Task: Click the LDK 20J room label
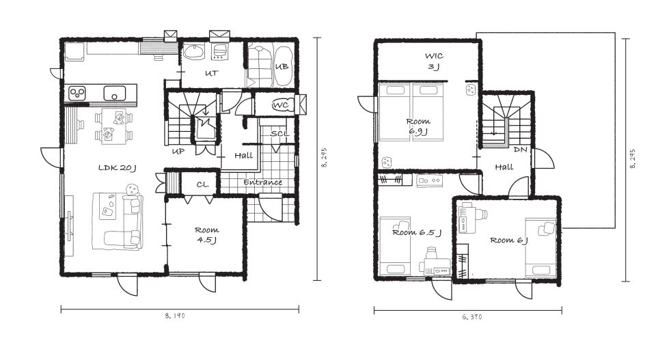pyautogui.click(x=118, y=168)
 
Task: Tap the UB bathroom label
pyautogui.click(x=282, y=66)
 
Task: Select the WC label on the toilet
pyautogui.click(x=280, y=105)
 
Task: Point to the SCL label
pyautogui.click(x=279, y=134)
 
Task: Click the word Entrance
pyautogui.click(x=262, y=182)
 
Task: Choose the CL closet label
pyautogui.click(x=202, y=184)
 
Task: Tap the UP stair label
pyautogui.click(x=178, y=151)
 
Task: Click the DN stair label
pyautogui.click(x=520, y=150)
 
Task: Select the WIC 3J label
pyautogui.click(x=434, y=61)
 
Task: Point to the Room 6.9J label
pyautogui.click(x=418, y=126)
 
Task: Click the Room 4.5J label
pyautogui.click(x=206, y=235)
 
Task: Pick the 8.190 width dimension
pyautogui.click(x=175, y=316)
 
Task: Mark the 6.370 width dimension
pyautogui.click(x=472, y=317)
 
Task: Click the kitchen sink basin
pyautogui.click(x=115, y=93)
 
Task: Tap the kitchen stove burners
pyautogui.click(x=77, y=93)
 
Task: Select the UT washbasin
pyautogui.click(x=193, y=52)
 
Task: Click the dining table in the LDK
pyautogui.click(x=114, y=126)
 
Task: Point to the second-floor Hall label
pyautogui.click(x=504, y=167)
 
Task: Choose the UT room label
pyautogui.click(x=211, y=73)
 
